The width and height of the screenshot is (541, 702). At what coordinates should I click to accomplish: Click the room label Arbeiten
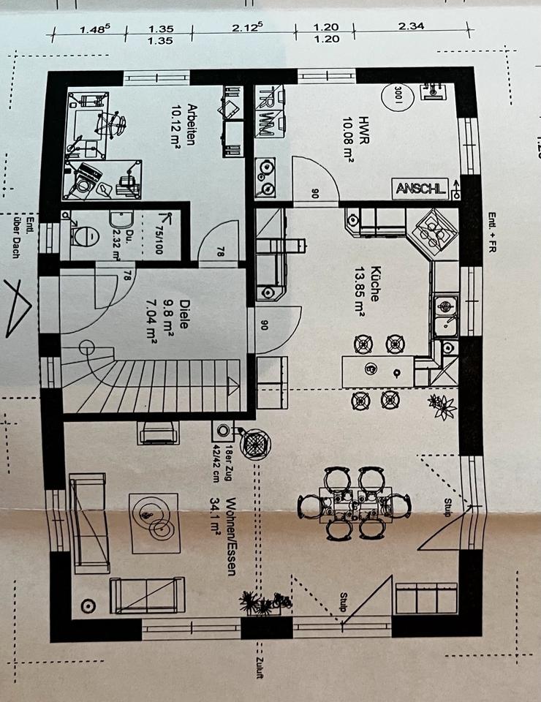click(192, 124)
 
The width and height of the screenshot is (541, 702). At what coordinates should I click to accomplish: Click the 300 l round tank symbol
click(397, 96)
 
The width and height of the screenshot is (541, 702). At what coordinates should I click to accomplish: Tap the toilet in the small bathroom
click(86, 235)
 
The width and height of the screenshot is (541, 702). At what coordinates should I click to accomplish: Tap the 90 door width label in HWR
click(315, 193)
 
